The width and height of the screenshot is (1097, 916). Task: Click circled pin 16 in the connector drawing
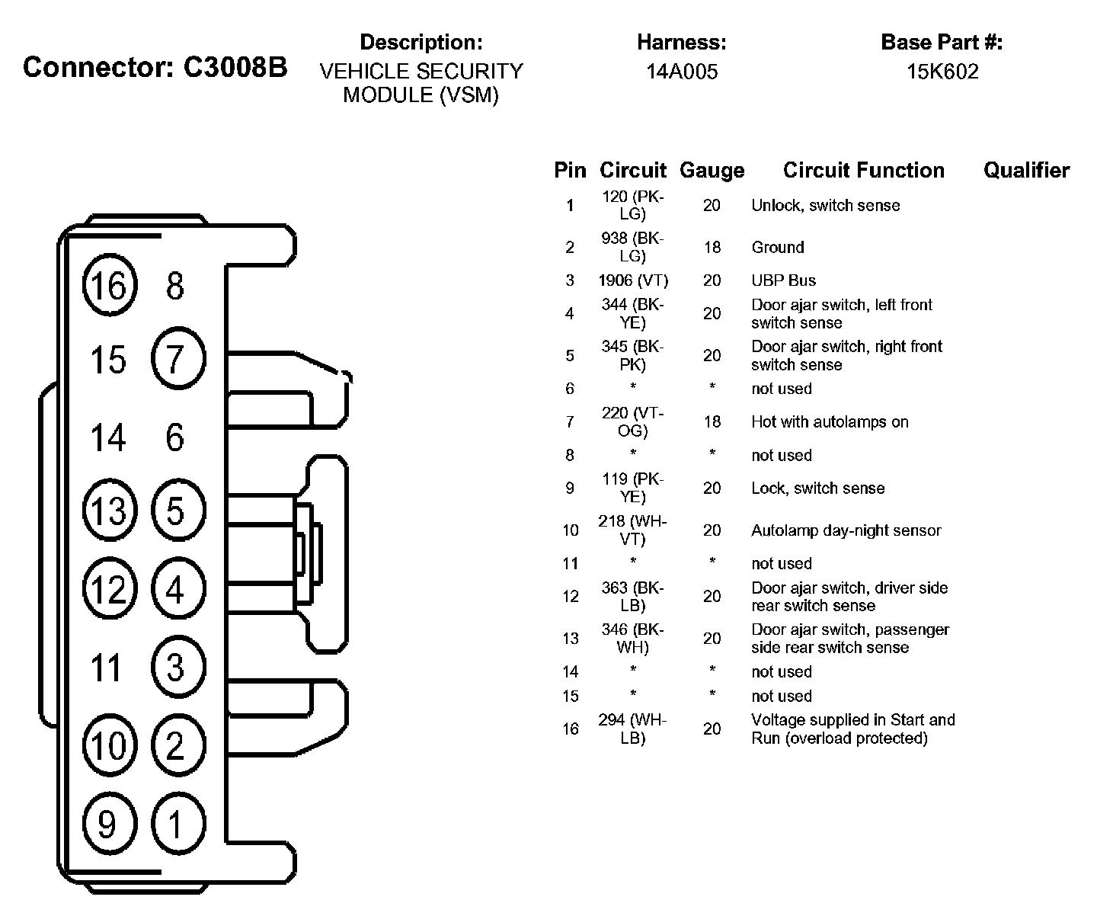109,286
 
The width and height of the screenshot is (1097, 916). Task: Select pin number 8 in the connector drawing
175,287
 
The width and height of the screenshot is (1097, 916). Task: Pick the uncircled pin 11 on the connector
107,668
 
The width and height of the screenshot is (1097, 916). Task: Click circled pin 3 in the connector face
178,668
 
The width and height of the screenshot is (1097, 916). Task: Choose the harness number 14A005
682,72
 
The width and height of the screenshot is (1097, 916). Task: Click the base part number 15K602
942,72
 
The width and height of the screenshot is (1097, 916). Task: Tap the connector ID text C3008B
235,67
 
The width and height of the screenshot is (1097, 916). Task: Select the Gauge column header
712,171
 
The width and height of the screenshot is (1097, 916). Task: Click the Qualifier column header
1026,171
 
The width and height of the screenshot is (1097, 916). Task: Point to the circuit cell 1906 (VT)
633,280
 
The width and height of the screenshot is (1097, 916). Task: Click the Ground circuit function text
778,247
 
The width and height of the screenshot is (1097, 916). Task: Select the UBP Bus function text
783,280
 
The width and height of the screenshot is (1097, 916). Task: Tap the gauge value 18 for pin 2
712,247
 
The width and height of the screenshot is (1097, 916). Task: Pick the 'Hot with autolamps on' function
830,421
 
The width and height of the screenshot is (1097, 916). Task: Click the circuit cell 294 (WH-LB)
633,729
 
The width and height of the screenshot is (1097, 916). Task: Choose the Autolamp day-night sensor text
846,530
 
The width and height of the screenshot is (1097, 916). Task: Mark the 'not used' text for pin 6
782,389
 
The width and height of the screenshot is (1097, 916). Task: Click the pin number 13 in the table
571,639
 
